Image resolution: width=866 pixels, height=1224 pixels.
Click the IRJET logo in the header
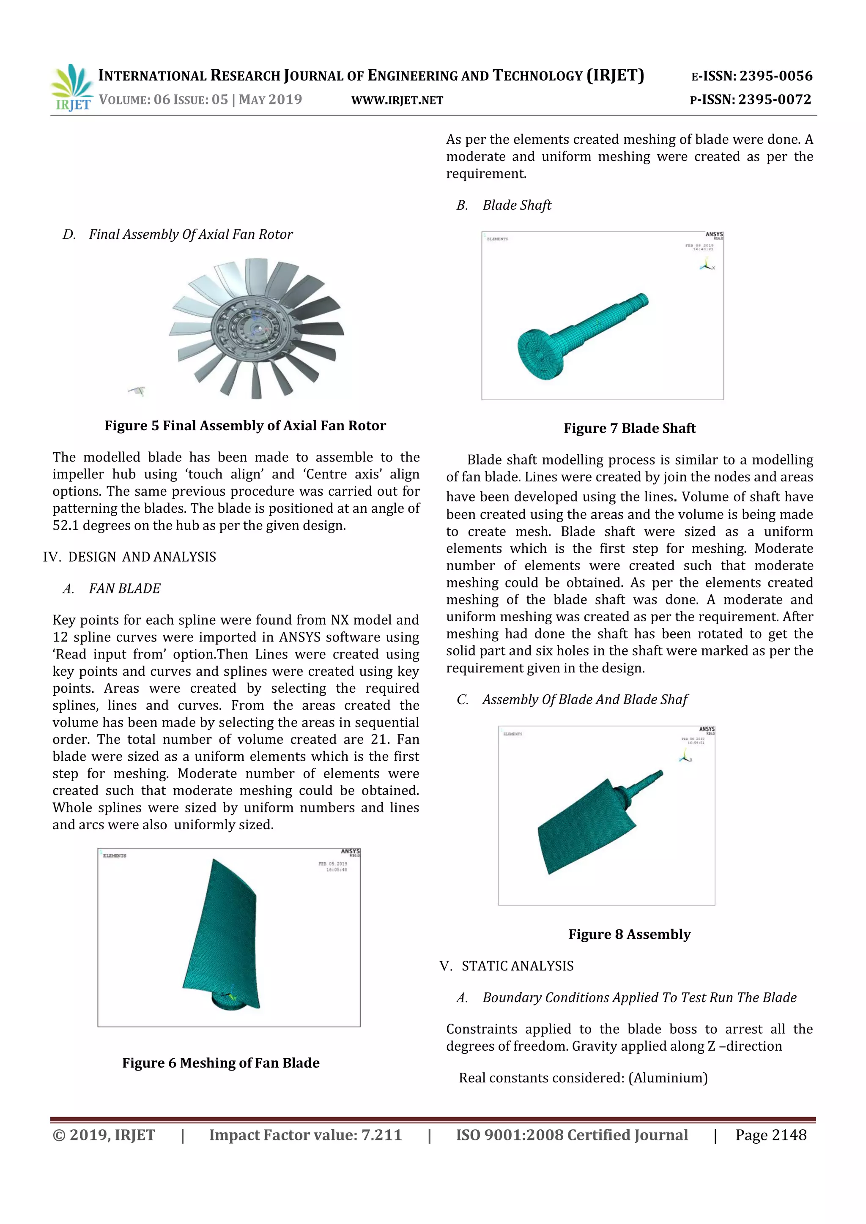[72, 87]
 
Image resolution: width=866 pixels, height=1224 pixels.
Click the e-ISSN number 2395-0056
[775, 76]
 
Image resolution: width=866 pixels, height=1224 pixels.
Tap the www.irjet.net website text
[397, 100]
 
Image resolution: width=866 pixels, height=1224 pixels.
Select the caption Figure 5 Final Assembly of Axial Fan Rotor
[245, 426]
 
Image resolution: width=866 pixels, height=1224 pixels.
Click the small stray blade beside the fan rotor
[137, 391]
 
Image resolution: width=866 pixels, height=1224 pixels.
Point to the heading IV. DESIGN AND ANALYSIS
[129, 557]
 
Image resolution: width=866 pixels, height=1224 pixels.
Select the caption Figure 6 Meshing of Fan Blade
[221, 1063]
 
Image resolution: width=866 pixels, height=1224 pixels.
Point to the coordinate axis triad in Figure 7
[707, 265]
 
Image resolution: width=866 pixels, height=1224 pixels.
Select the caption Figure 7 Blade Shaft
[629, 428]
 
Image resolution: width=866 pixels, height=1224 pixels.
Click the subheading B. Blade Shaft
[504, 205]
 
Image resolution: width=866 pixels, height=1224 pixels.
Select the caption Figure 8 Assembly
[629, 934]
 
